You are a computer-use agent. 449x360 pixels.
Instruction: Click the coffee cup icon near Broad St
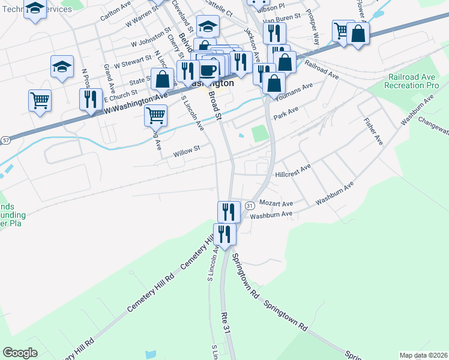[x=208, y=70]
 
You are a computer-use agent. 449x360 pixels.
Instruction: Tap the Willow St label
[x=186, y=151]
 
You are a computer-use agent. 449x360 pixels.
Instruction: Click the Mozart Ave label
[x=276, y=203]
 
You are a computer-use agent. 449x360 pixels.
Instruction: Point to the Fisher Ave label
[x=373, y=131]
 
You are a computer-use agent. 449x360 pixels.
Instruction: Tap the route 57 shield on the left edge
[x=5, y=140]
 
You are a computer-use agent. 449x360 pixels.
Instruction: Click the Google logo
[x=20, y=353]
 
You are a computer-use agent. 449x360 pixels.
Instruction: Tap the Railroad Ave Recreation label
[x=414, y=82]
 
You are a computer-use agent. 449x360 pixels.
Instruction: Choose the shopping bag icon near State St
[x=162, y=78]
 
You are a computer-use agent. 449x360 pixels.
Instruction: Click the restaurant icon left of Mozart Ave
[x=228, y=211]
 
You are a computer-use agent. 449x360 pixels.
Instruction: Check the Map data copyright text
[x=423, y=355]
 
